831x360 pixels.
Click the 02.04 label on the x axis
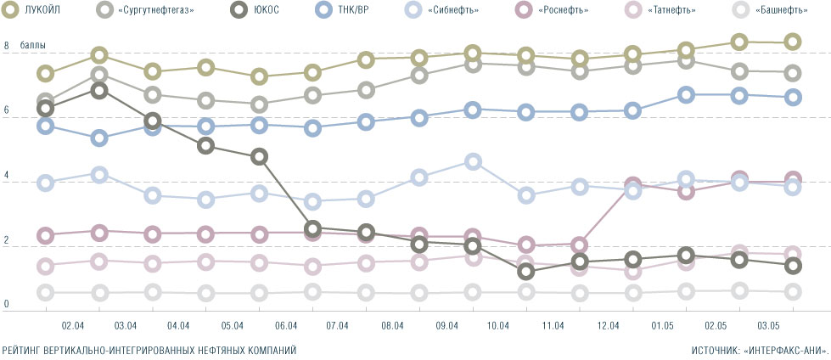72,325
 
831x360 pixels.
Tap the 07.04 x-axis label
338,325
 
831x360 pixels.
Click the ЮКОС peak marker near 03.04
98,90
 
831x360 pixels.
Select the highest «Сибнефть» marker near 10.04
474,161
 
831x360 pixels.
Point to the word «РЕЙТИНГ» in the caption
24,349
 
